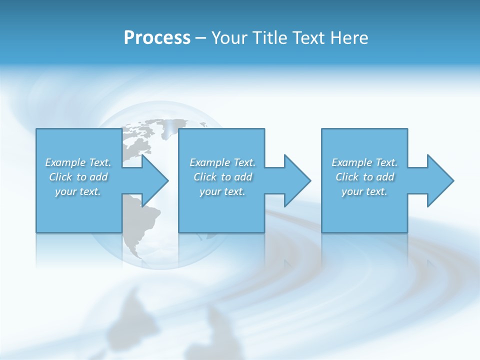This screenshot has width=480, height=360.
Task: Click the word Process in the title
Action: (157, 38)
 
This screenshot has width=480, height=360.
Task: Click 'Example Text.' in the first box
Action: (78, 162)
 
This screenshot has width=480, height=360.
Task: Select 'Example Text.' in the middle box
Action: (222, 162)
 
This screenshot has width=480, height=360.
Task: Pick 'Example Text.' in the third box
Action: (364, 162)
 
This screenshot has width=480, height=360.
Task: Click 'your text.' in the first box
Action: (78, 191)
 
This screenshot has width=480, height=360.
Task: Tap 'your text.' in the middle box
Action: (222, 191)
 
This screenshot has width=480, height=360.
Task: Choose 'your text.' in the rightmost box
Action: (364, 191)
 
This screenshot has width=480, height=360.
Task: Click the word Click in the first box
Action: (60, 177)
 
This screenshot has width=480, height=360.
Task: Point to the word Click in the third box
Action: (347, 177)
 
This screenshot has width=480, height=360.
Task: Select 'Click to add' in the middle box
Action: (222, 177)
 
